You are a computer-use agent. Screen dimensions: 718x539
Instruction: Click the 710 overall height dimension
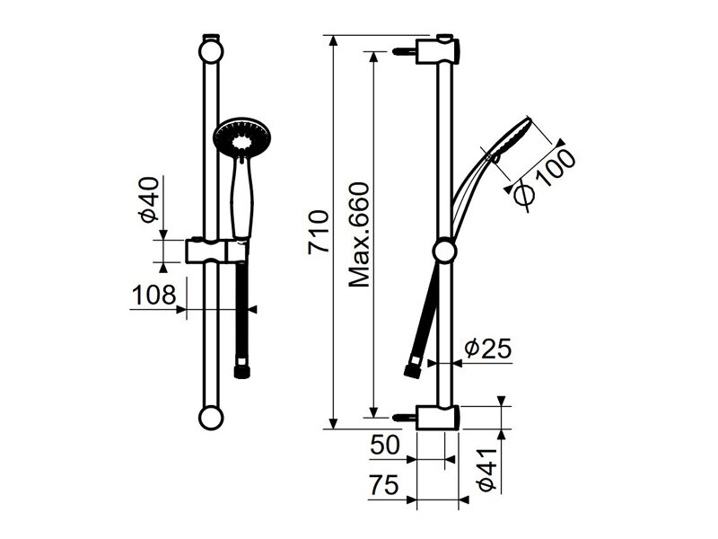(x=319, y=232)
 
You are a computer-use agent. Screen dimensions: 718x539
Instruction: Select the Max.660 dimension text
(x=358, y=234)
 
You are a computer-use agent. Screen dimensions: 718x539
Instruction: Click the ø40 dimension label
(x=150, y=199)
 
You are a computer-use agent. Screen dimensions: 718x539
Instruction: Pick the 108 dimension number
(x=153, y=295)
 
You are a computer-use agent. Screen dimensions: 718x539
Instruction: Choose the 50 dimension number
(x=385, y=445)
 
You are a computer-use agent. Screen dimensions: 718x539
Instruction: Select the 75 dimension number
(x=384, y=485)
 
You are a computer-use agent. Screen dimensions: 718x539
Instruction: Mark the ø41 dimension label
(x=488, y=470)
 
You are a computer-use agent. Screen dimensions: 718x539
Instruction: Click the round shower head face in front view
(x=242, y=138)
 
